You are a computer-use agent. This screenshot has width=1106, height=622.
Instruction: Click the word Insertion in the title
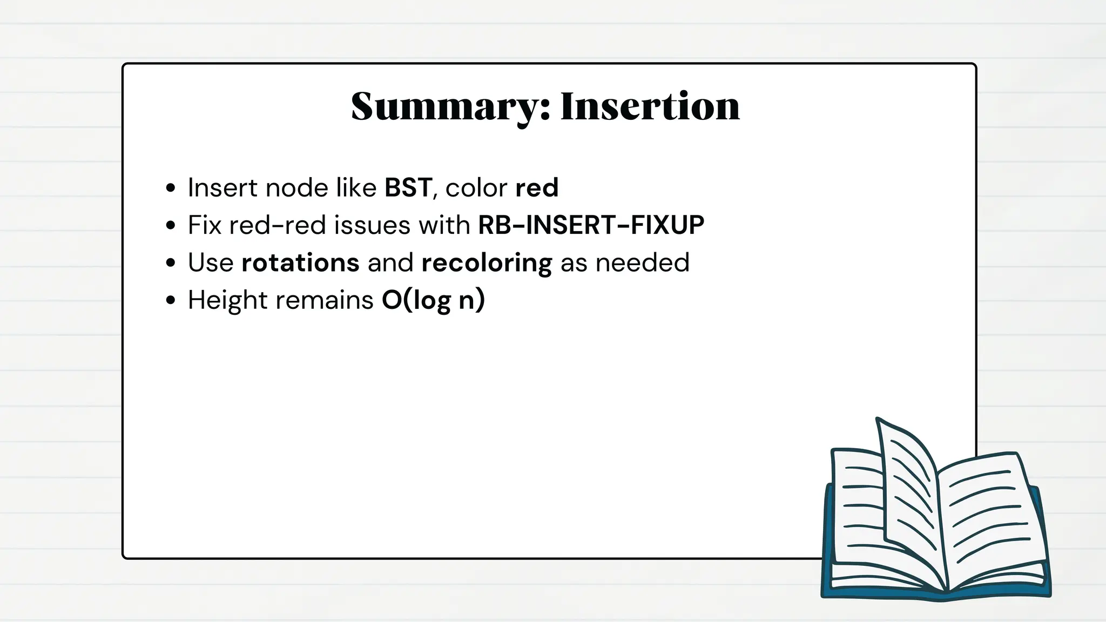pos(650,106)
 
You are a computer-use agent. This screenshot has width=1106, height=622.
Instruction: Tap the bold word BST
pos(408,188)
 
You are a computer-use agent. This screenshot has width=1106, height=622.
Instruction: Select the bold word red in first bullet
pos(537,188)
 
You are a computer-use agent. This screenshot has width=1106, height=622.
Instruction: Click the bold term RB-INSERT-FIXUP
pos(591,225)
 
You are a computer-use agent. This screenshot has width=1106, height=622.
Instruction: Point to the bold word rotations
pos(300,263)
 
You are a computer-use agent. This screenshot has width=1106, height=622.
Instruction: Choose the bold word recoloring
pos(487,263)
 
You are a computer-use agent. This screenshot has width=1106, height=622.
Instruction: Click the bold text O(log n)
pos(433,300)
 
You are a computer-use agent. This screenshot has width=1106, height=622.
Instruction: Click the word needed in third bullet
pos(642,263)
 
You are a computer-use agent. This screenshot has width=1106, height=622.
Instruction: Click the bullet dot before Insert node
pos(171,188)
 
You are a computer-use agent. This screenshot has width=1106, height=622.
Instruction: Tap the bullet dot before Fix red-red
pos(171,226)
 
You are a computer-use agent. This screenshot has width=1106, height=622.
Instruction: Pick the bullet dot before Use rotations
pos(171,263)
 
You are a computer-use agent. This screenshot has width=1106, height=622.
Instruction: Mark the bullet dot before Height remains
pos(171,300)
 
